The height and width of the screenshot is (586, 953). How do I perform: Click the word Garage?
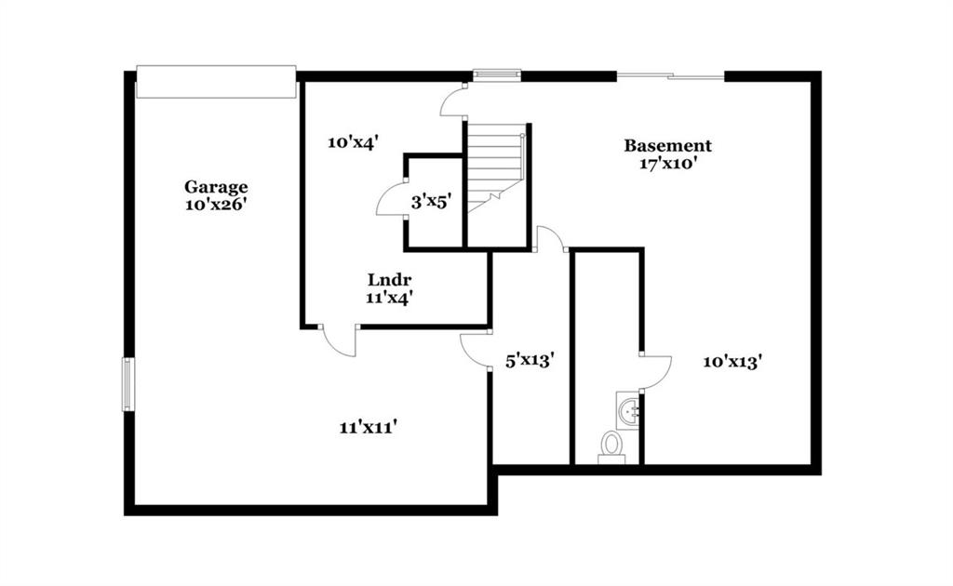(216, 187)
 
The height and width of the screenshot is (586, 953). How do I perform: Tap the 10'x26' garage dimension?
(216, 205)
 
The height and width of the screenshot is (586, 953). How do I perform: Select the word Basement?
(668, 146)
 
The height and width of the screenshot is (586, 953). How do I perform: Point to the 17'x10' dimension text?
(668, 164)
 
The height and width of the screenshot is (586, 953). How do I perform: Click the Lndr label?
(390, 280)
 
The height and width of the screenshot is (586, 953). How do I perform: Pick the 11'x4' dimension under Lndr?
(390, 299)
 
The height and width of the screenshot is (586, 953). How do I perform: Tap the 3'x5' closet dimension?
(432, 202)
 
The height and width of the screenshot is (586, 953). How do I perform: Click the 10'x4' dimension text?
(354, 142)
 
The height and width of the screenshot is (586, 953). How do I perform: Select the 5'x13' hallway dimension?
(530, 361)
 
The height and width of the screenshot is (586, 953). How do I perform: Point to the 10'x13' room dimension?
(733, 362)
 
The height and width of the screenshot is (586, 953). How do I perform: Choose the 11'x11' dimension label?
(369, 428)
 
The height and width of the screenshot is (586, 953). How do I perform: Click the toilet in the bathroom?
(611, 448)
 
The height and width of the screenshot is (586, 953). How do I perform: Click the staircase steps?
(495, 168)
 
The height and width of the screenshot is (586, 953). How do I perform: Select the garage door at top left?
(216, 81)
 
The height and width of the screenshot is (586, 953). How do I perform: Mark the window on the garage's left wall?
(128, 384)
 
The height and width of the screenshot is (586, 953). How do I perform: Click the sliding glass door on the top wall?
(670, 76)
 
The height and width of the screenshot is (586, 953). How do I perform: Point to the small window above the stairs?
(497, 74)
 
